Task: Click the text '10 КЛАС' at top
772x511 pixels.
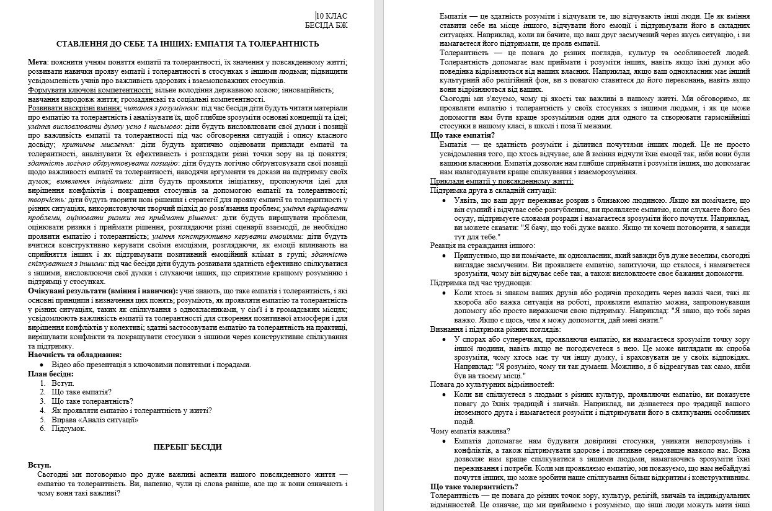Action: (x=332, y=16)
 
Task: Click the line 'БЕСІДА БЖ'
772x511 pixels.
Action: (x=326, y=25)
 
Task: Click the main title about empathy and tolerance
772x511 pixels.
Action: (x=187, y=44)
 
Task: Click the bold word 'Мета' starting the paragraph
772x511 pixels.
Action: (x=38, y=63)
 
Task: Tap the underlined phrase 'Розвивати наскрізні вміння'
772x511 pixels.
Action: (x=74, y=108)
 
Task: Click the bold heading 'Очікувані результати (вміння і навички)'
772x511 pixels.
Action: (x=102, y=291)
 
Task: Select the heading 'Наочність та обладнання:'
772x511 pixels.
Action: (x=74, y=355)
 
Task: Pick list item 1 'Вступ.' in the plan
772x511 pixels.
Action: (x=63, y=383)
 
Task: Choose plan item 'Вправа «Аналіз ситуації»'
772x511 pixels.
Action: (x=95, y=419)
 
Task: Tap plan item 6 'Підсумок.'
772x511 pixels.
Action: (x=69, y=429)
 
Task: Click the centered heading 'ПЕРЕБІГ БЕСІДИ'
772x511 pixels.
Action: (x=187, y=447)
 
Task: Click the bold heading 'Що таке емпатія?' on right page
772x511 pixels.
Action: (x=462, y=135)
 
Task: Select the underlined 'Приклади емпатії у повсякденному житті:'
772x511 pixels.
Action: (x=501, y=181)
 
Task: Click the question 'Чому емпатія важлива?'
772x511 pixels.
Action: (x=470, y=430)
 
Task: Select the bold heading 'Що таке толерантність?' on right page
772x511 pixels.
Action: (x=474, y=487)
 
